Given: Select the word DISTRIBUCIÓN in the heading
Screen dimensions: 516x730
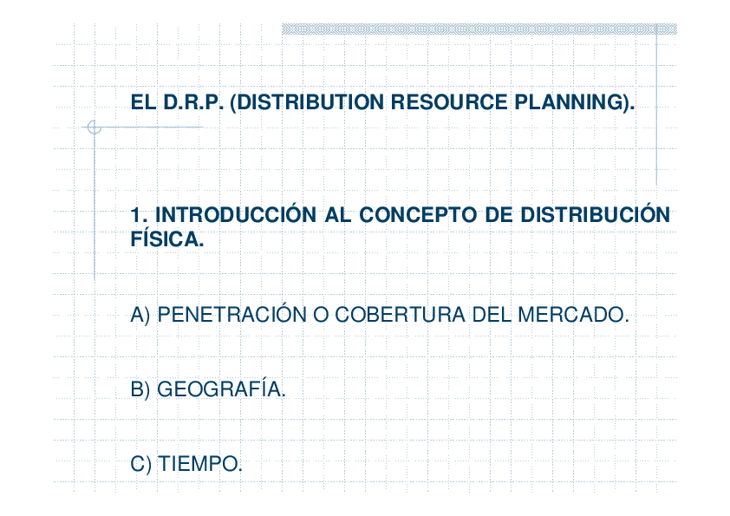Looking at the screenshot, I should (595, 215).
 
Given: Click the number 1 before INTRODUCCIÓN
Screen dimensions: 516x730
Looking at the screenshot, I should (135, 215).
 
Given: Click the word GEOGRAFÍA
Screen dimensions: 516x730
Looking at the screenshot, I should (221, 389).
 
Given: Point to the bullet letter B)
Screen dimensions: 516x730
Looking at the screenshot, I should (140, 389).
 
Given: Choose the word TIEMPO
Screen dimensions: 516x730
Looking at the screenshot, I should (199, 464).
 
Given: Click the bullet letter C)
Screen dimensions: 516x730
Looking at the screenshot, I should (140, 464).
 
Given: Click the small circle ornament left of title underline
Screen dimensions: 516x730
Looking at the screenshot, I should (95, 127).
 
